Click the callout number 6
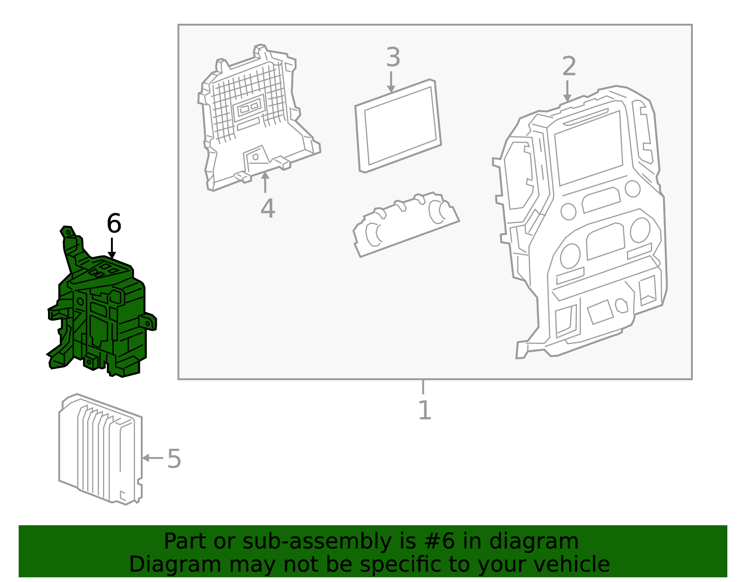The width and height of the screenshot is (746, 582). click(x=114, y=223)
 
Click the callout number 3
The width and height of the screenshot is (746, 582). click(x=393, y=57)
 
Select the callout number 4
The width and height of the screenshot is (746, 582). click(x=268, y=208)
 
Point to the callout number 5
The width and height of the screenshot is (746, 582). click(x=174, y=459)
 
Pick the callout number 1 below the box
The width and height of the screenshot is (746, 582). click(x=425, y=410)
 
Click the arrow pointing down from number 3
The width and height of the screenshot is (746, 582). click(x=391, y=82)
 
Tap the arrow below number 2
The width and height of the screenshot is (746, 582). click(x=567, y=91)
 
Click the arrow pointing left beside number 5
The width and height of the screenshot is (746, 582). click(x=153, y=458)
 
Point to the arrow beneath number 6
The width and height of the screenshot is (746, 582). click(x=112, y=248)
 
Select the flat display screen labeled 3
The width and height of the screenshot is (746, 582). click(x=398, y=126)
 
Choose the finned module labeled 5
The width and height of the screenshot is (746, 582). click(x=101, y=449)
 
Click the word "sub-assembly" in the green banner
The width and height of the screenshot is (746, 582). click(x=317, y=541)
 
